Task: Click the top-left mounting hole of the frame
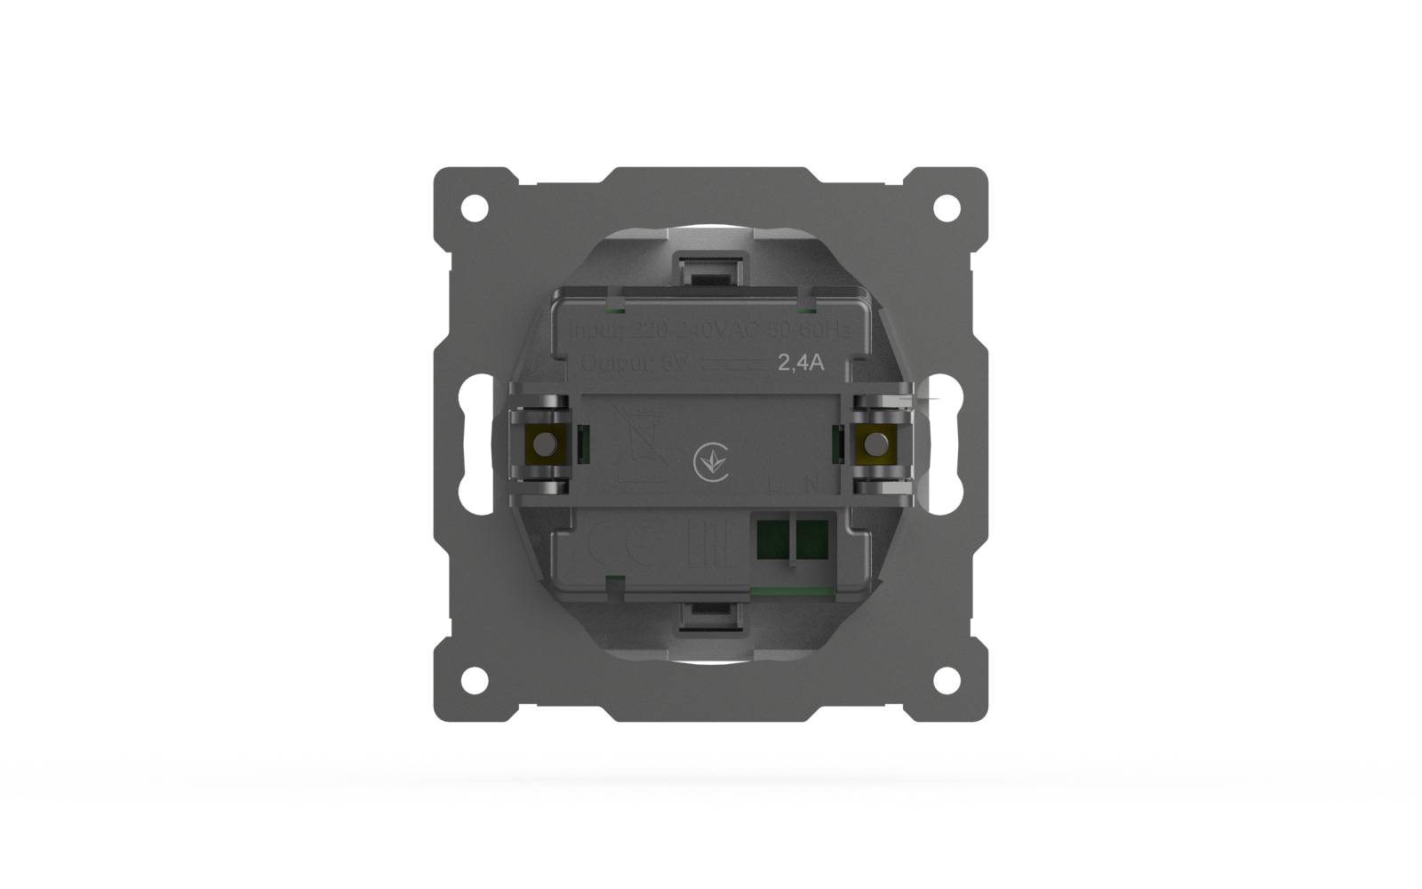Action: click(x=475, y=209)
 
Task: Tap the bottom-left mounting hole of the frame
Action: click(x=475, y=680)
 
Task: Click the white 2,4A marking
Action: click(x=801, y=363)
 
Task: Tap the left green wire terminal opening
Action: click(x=771, y=540)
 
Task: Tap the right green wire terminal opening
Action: click(x=811, y=540)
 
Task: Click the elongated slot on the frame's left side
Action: click(x=479, y=444)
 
